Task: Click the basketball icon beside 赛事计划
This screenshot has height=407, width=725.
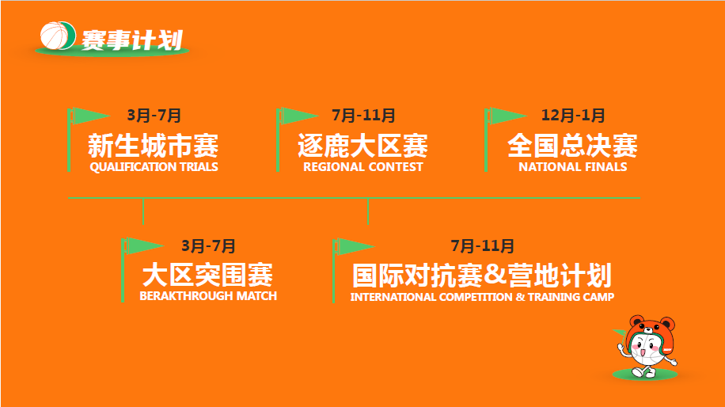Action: point(57,35)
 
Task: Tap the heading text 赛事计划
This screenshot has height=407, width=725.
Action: point(132,40)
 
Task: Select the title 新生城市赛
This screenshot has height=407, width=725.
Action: point(153,145)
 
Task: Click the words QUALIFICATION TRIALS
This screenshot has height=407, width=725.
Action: point(154,167)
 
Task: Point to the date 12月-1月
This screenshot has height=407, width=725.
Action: point(573,115)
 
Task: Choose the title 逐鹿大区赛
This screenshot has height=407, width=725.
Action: point(363,145)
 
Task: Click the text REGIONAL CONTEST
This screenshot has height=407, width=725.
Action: point(363,167)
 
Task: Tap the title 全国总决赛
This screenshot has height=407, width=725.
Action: point(572,145)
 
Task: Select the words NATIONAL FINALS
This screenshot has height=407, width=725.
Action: point(573,167)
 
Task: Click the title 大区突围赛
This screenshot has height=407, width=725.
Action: point(207,275)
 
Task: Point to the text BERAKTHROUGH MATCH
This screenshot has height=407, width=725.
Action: point(208,296)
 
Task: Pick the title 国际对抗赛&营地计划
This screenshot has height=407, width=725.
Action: point(482,276)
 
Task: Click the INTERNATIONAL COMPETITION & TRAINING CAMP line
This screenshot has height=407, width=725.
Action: point(482,297)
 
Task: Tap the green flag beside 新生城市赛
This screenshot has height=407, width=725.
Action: point(87,116)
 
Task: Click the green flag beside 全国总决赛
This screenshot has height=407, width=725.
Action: point(505,116)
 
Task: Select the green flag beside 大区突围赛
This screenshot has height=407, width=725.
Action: point(141,246)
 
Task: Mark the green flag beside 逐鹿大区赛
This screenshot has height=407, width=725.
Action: point(296,116)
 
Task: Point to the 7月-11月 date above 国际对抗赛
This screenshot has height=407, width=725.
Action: point(482,246)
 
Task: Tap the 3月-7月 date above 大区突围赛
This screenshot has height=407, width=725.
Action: point(208,246)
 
